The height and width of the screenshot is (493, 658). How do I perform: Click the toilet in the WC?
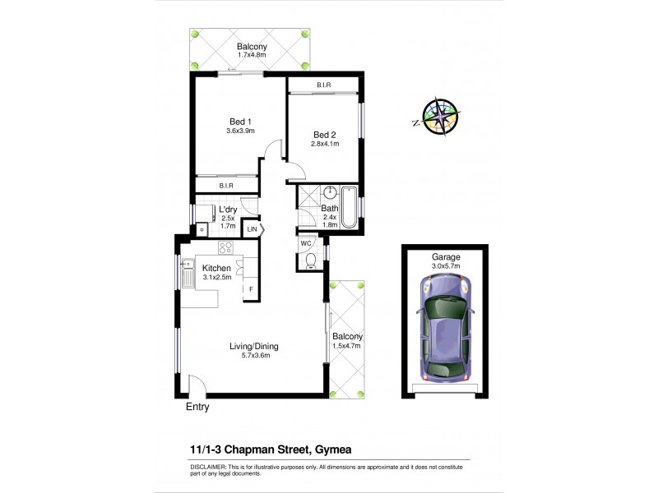(310, 260)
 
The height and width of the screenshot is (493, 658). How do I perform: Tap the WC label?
(305, 244)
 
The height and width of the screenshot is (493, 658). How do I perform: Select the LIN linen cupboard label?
(253, 229)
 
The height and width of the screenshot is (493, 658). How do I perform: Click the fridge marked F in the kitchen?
(251, 289)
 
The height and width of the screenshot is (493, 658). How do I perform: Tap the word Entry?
(197, 407)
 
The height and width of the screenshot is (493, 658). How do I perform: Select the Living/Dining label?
(250, 346)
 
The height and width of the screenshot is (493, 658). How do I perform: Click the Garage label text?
(446, 256)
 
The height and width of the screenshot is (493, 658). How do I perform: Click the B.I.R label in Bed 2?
(322, 85)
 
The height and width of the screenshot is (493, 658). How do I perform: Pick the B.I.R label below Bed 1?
(226, 187)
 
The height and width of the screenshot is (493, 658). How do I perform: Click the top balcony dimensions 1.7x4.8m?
(251, 56)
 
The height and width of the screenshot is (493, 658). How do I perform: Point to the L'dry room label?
(227, 209)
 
